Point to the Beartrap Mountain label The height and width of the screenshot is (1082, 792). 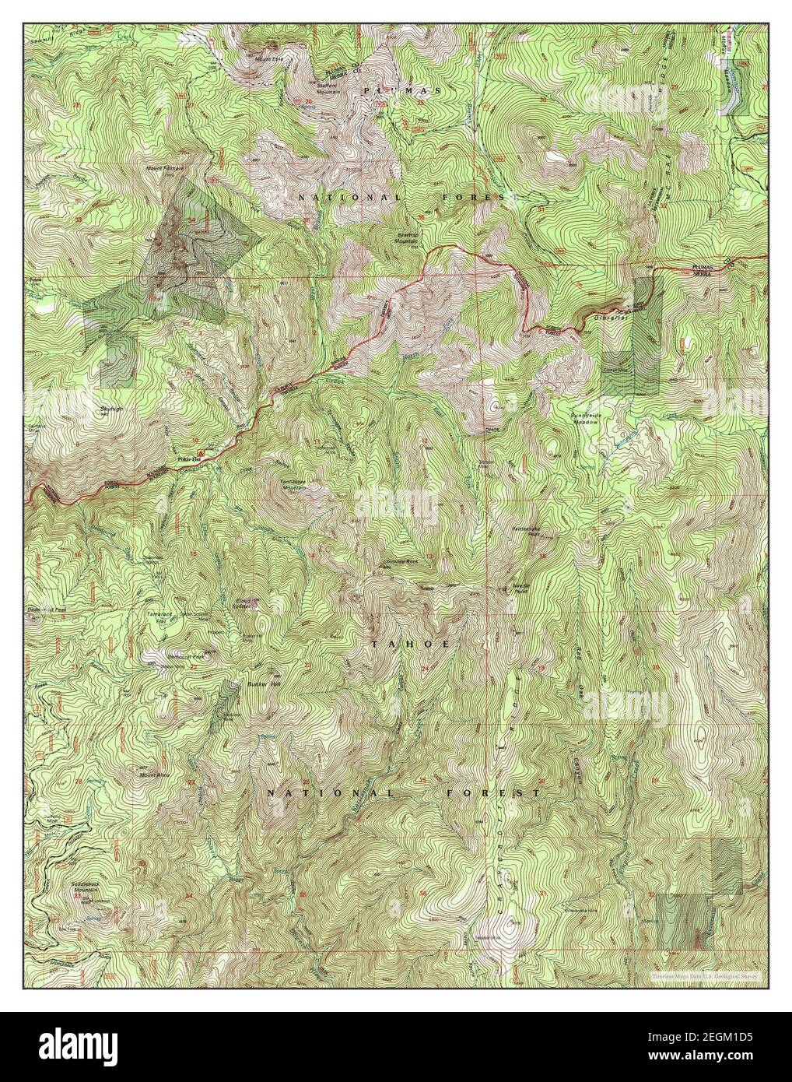[x=407, y=234]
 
